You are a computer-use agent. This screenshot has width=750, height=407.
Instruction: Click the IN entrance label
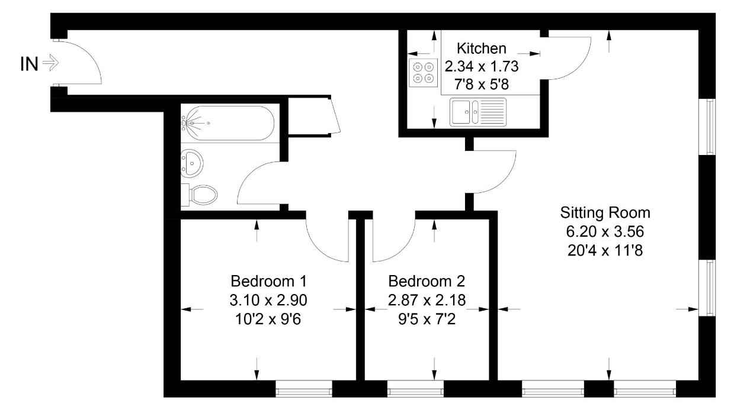pyautogui.click(x=29, y=63)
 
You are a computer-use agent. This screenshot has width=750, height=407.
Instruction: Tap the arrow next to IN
pyautogui.click(x=52, y=63)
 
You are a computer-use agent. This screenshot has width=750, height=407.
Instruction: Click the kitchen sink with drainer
pyautogui.click(x=478, y=112)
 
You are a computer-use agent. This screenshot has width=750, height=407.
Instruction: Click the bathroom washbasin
pyautogui.click(x=193, y=161)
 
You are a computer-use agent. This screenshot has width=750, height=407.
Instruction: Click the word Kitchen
pyautogui.click(x=482, y=48)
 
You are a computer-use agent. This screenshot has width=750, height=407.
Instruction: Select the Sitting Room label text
pyautogui.click(x=605, y=212)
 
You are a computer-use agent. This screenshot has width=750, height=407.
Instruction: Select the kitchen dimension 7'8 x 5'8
pyautogui.click(x=482, y=85)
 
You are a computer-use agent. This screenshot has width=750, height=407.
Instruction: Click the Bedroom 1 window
pyautogui.click(x=304, y=389)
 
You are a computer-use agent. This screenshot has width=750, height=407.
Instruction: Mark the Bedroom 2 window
pyautogui.click(x=415, y=389)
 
